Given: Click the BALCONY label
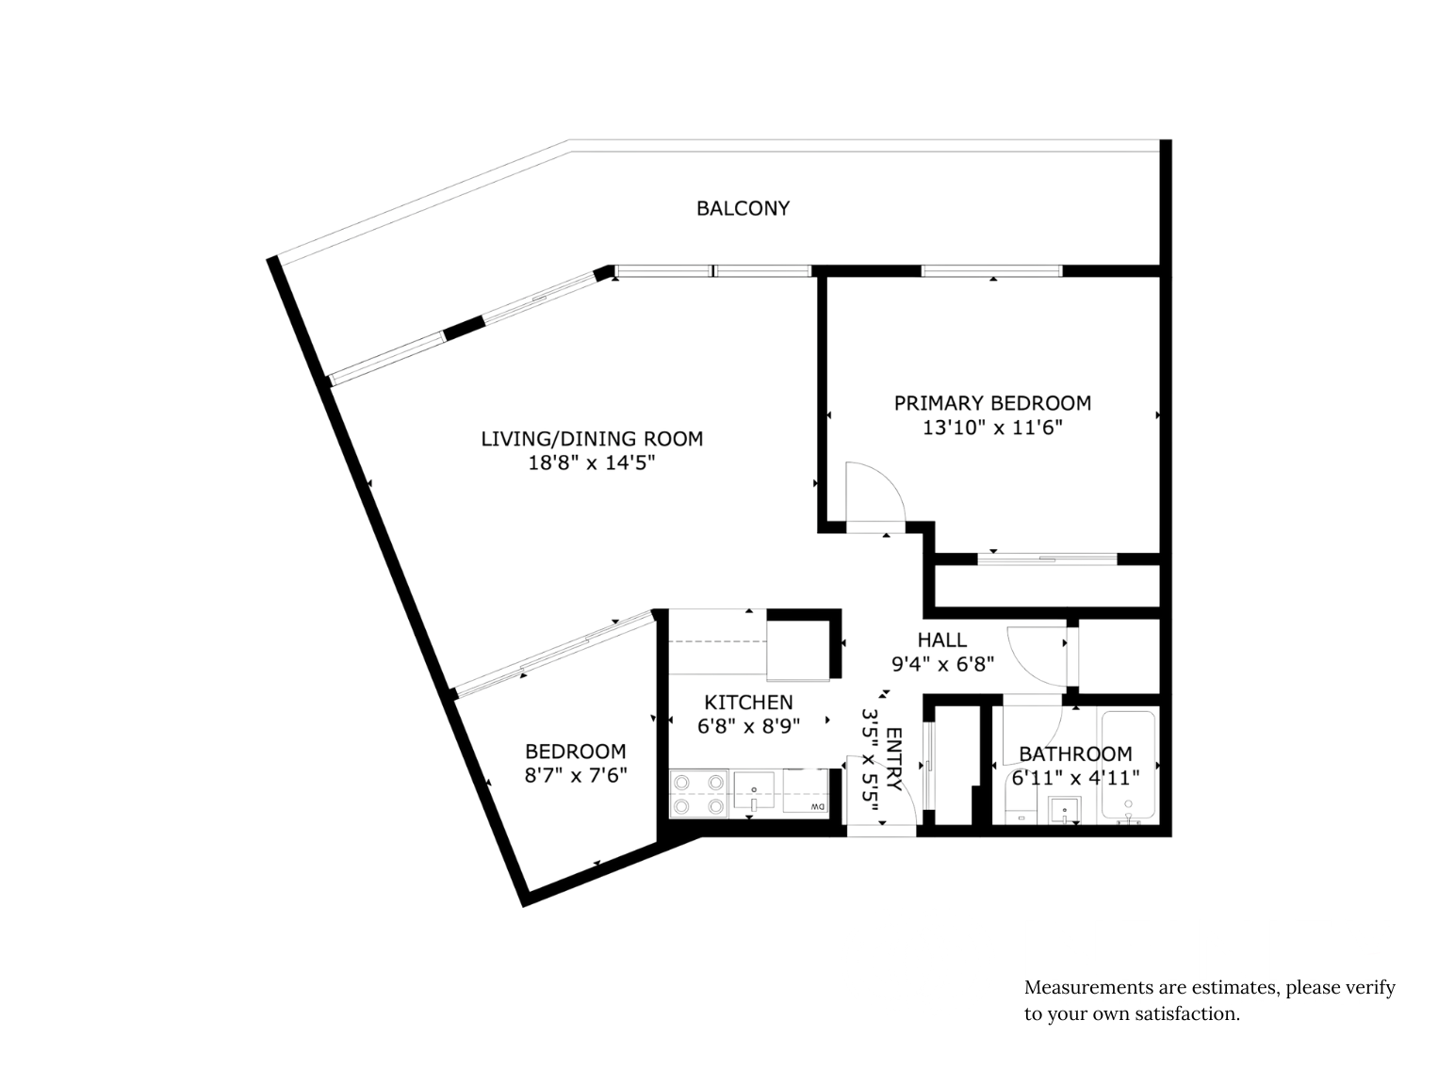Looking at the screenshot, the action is coord(743,208).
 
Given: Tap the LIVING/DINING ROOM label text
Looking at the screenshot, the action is coord(592,438).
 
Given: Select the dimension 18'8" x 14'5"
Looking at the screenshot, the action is coord(592,463).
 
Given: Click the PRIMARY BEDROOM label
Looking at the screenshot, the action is coord(992,403).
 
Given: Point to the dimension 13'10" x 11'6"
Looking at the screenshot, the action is coord(992,428).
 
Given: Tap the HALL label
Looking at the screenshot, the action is coord(941,640).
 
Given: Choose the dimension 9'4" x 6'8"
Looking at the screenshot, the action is coord(942,665).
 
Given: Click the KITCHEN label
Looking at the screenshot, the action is coord(748,702).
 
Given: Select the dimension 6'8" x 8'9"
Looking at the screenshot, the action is coord(748,726).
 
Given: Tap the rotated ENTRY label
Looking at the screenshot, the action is coord(893,759).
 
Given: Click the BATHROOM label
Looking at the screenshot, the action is coord(1075,753).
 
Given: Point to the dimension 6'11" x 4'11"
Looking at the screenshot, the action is coord(1075,778).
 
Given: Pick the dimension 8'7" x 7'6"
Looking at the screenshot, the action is coord(575,775).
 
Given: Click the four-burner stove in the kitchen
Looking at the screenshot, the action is coord(698,794).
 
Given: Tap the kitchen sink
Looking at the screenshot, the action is coord(753,792).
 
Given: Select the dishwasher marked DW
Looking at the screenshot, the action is coord(806,792).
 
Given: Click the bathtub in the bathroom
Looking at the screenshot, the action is coord(1127,766).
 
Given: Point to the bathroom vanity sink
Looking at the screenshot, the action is coord(1064,809).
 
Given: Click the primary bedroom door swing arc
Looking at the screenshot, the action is coord(886,478).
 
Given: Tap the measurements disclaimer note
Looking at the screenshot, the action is coord(1209,1000).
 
